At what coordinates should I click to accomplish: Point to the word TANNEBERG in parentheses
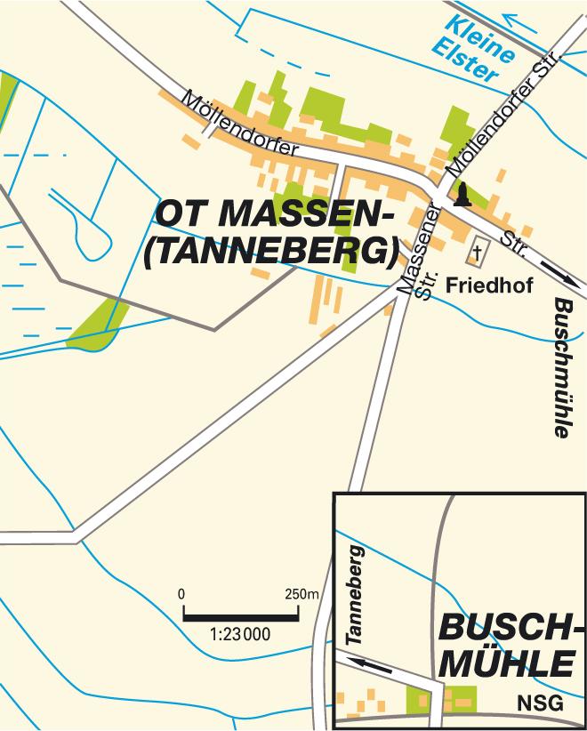click(269, 252)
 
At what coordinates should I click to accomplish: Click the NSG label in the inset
click(540, 703)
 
